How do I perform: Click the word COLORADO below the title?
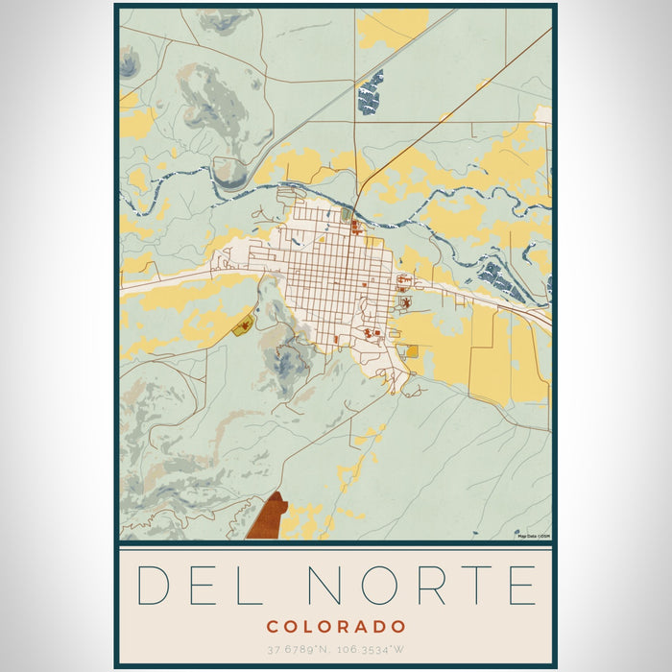[x=336, y=627]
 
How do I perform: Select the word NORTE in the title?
[x=420, y=586]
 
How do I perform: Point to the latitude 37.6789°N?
[x=300, y=650]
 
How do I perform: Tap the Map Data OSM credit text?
[x=533, y=536]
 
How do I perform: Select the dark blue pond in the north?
[x=370, y=93]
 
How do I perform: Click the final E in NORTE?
[x=520, y=586]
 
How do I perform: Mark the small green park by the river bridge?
[x=346, y=215]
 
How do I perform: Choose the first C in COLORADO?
[x=272, y=627]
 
